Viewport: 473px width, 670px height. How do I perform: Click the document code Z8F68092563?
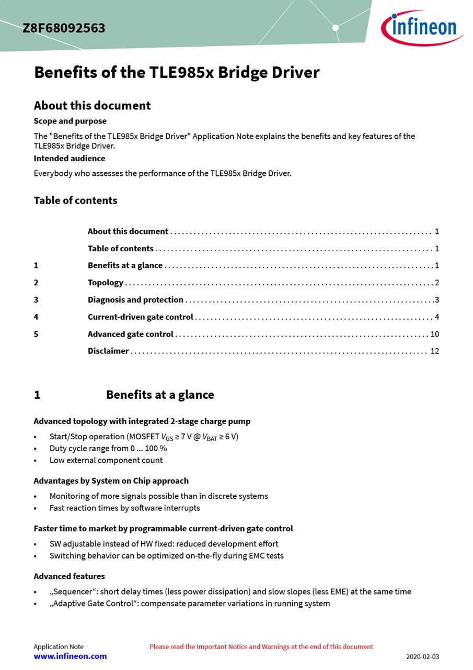click(64, 28)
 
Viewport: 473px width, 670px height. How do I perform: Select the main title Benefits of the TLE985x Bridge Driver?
click(177, 72)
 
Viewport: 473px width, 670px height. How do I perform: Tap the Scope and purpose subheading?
click(70, 121)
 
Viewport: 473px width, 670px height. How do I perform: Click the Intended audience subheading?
click(70, 158)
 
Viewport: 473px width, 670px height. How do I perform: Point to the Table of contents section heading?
click(75, 200)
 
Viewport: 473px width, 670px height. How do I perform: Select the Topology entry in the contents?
click(106, 283)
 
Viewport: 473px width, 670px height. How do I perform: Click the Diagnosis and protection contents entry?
click(135, 300)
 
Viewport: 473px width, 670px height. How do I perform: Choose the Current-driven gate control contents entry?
click(140, 317)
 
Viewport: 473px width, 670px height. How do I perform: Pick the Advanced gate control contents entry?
click(130, 334)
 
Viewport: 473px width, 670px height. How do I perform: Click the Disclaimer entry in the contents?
click(108, 351)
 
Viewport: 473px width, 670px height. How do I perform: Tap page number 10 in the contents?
click(434, 334)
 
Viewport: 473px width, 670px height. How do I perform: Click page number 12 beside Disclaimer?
click(434, 351)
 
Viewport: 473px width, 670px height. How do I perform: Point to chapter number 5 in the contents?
click(36, 334)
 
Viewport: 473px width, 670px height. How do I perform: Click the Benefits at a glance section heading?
click(160, 395)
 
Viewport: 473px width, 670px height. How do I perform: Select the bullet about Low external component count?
click(106, 460)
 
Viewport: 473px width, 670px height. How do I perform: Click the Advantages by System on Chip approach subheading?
click(111, 481)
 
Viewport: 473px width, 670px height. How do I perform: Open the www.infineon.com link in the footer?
click(70, 656)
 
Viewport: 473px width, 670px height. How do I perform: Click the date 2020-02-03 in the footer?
click(423, 656)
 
